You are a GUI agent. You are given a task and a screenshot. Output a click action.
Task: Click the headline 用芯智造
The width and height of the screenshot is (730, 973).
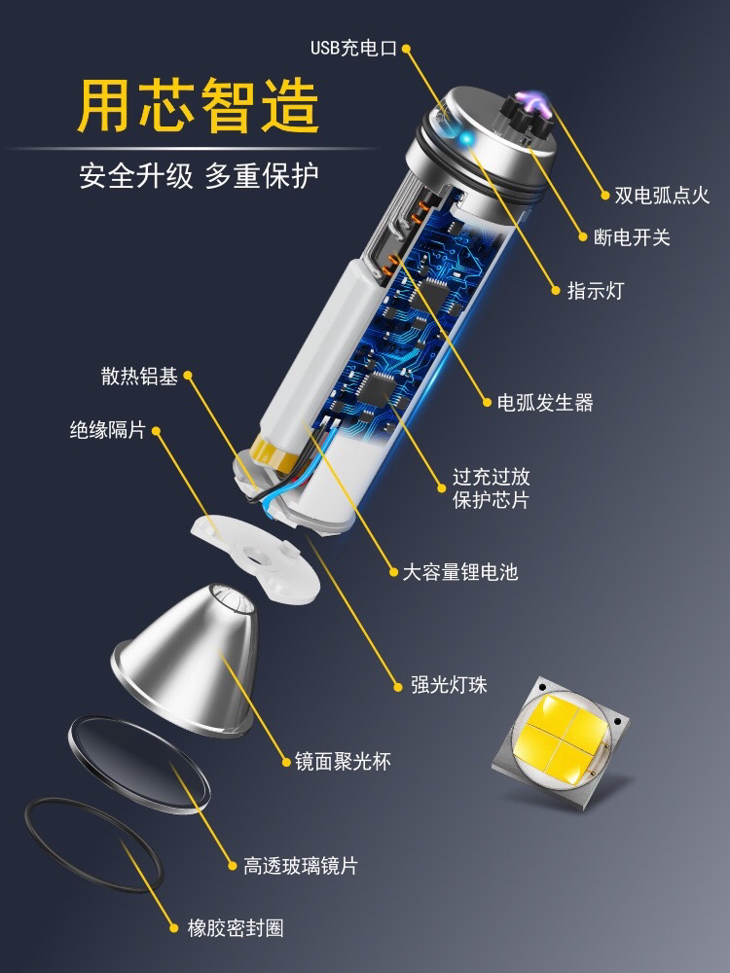(198, 105)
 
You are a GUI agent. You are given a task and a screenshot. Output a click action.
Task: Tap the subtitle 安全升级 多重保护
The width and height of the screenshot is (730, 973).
(199, 175)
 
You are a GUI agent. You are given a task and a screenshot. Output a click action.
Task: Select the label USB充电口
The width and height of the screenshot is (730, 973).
(353, 48)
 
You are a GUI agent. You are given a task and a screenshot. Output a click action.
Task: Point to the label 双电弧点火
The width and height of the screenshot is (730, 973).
(662, 196)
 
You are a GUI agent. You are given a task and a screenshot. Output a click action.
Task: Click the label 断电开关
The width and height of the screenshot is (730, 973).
(632, 237)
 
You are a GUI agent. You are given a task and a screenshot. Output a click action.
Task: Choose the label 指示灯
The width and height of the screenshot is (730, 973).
(596, 290)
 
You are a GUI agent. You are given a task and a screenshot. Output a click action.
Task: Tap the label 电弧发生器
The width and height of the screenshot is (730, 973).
(545, 403)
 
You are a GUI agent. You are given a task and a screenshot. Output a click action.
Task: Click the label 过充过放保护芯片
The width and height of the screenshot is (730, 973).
(491, 488)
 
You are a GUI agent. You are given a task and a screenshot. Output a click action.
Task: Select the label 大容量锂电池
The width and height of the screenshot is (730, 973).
(460, 571)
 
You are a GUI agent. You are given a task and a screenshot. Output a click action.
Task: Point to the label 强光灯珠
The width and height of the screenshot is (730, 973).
(449, 685)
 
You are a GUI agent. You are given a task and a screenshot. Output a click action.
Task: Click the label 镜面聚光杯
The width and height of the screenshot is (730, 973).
(343, 762)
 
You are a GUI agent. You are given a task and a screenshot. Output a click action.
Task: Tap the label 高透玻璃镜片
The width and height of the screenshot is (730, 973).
(301, 866)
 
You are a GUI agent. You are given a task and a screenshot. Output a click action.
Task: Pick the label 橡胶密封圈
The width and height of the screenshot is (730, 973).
(236, 928)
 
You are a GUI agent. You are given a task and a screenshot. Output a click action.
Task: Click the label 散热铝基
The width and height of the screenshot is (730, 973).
(139, 376)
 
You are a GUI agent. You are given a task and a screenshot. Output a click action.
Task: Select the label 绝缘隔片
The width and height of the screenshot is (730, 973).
(107, 429)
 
